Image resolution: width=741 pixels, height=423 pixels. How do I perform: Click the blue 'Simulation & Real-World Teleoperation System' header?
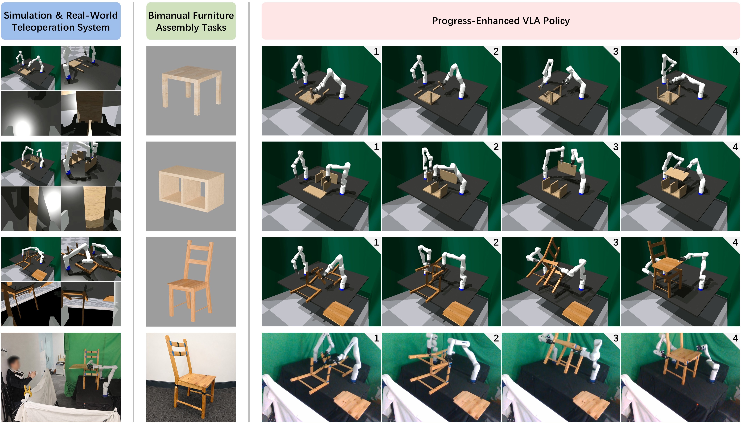pos(61,21)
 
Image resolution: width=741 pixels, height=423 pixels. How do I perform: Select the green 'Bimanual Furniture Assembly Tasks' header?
pos(191,21)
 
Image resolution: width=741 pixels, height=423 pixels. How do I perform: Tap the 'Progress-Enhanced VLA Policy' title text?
pos(501,21)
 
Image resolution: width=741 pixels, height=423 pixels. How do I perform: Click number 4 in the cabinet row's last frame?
pos(735,147)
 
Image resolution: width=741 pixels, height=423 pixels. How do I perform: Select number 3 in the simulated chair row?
pos(616,242)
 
